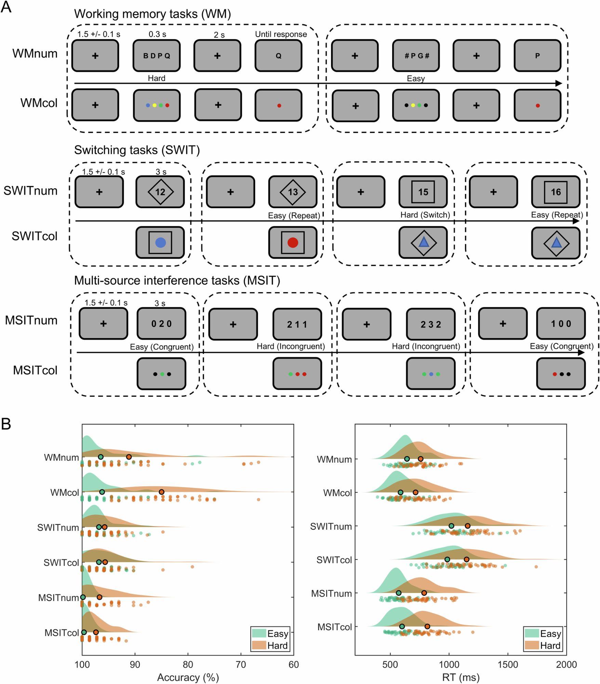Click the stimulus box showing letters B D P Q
(x=157, y=56)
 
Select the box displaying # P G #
(x=416, y=56)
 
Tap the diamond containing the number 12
(x=160, y=192)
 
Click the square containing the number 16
(x=556, y=192)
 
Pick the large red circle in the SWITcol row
(x=293, y=242)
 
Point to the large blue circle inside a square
(x=160, y=242)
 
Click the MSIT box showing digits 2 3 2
(x=431, y=324)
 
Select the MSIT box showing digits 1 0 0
(x=561, y=324)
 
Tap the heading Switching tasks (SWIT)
(x=137, y=150)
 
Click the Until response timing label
(x=281, y=34)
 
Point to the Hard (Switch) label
(x=425, y=215)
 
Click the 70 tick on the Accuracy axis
(x=241, y=665)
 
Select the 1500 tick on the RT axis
(x=508, y=665)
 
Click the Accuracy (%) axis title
(x=188, y=678)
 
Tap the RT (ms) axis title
(x=461, y=678)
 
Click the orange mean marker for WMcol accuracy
(x=161, y=492)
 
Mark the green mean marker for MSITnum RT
(x=398, y=593)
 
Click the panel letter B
(x=6, y=424)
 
